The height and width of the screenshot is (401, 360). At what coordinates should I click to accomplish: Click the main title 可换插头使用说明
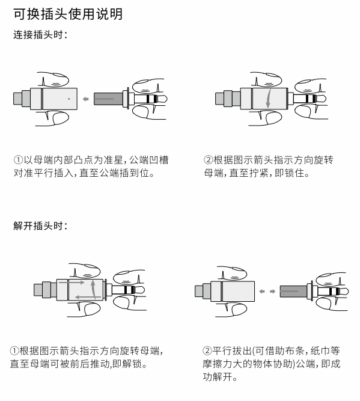68,14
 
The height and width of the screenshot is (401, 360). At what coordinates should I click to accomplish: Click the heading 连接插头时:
40,35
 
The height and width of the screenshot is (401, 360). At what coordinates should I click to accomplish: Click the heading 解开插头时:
40,226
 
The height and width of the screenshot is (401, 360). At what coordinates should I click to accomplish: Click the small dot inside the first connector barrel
69,99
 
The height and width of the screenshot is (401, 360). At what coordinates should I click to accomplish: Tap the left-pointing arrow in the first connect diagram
86,99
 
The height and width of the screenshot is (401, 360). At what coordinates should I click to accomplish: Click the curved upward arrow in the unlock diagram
94,289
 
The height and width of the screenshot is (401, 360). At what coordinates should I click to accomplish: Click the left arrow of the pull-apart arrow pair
262,292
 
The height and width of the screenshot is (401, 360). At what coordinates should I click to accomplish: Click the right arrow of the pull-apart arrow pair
273,292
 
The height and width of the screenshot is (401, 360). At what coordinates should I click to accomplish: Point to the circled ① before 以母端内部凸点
18,160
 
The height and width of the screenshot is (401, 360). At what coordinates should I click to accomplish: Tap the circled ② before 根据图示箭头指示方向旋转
209,160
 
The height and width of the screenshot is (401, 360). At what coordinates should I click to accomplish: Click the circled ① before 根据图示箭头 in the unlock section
14,350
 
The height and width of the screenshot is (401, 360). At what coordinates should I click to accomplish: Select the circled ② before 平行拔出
207,350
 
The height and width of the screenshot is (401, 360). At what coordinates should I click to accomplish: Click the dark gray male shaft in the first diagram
108,99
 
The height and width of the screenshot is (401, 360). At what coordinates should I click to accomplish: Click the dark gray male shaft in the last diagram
294,292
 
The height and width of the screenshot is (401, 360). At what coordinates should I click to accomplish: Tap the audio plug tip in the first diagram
163,99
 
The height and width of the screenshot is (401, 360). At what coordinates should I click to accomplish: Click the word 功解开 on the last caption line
218,377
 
